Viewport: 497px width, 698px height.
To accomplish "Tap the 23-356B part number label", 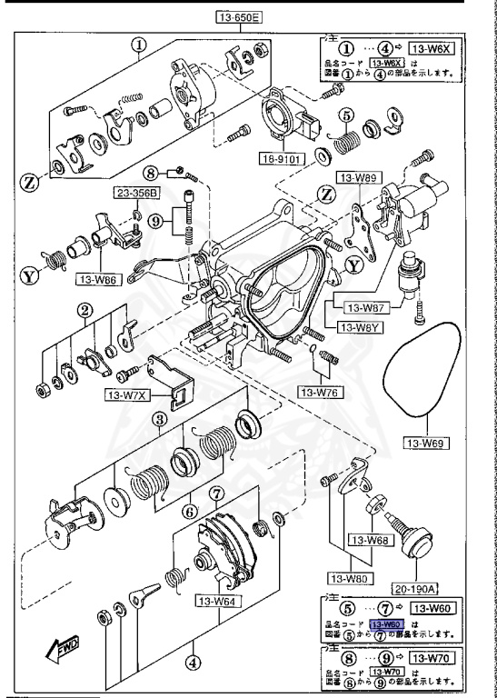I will pos(134,193).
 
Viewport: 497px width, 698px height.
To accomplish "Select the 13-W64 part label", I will pos(217,601).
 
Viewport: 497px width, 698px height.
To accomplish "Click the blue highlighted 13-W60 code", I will pos(386,624).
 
